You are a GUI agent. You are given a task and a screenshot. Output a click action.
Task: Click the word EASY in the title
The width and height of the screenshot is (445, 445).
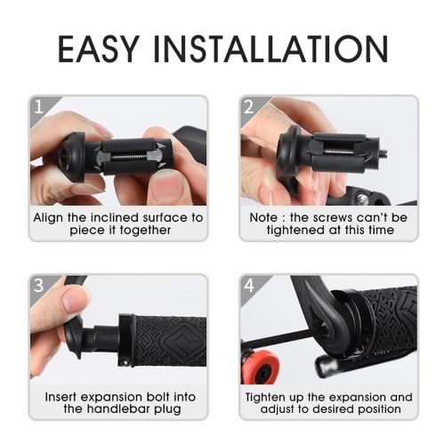pyautogui.click(x=98, y=48)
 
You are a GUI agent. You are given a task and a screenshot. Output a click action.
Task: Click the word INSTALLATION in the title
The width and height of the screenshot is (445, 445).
pyautogui.click(x=271, y=48)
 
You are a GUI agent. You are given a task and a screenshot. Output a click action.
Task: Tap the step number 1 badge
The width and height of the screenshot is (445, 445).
pyautogui.click(x=39, y=107)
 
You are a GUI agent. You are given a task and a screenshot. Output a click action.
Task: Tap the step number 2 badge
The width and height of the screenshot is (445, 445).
pyautogui.click(x=249, y=107)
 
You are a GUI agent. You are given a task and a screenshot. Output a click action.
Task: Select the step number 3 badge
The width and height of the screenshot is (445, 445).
pyautogui.click(x=39, y=286)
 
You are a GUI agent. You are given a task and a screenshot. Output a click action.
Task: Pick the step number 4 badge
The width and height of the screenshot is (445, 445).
pyautogui.click(x=249, y=286)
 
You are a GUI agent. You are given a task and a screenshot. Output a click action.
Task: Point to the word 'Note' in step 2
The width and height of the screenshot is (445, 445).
pyautogui.click(x=263, y=218)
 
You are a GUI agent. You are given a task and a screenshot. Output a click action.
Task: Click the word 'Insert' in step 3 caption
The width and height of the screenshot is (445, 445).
pyautogui.click(x=61, y=397)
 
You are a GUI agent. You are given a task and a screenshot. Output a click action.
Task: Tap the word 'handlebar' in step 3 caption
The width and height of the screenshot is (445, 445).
pyautogui.click(x=120, y=409)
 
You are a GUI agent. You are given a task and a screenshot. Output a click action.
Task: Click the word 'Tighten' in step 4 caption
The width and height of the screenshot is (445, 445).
pyautogui.click(x=266, y=397)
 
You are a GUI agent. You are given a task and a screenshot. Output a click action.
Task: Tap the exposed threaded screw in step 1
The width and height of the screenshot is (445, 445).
pyautogui.click(x=131, y=157)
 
